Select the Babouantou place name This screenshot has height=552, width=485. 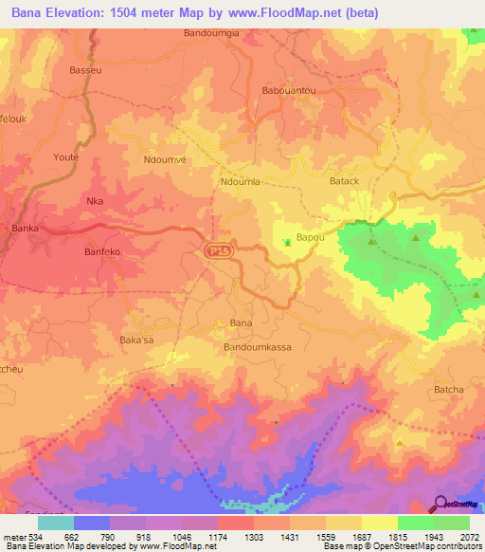coord(289,91)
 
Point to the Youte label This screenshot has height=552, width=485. coord(66,157)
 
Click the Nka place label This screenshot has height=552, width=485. coord(95,201)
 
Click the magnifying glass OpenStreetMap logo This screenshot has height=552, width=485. coord(441,504)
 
